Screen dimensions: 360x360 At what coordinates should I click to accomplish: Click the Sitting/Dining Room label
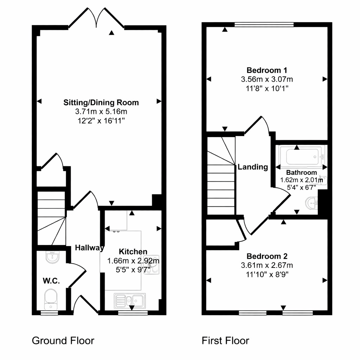[x=101, y=102]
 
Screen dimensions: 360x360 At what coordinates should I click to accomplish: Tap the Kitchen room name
[x=133, y=252]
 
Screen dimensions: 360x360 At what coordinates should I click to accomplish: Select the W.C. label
[x=51, y=281]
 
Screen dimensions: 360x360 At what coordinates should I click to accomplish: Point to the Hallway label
[x=90, y=248]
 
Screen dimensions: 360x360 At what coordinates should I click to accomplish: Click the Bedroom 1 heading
[x=267, y=70]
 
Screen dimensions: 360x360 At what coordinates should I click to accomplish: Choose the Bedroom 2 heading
[x=267, y=256]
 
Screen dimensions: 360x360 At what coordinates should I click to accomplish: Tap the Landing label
[x=253, y=167]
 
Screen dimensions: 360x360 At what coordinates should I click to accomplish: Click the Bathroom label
[x=301, y=172]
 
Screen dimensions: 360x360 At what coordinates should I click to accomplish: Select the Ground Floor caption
[x=63, y=341]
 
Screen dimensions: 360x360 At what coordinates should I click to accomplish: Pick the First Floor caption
[x=225, y=341]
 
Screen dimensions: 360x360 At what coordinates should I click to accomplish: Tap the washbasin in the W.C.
[x=53, y=257]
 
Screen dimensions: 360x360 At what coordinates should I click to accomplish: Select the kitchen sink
[x=130, y=301]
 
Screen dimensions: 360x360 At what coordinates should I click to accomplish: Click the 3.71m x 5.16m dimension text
[x=101, y=111]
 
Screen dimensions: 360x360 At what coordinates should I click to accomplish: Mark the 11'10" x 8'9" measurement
[x=267, y=274]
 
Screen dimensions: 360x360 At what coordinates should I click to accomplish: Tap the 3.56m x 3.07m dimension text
[x=267, y=79]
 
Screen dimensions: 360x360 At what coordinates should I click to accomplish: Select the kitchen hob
[x=151, y=265]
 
